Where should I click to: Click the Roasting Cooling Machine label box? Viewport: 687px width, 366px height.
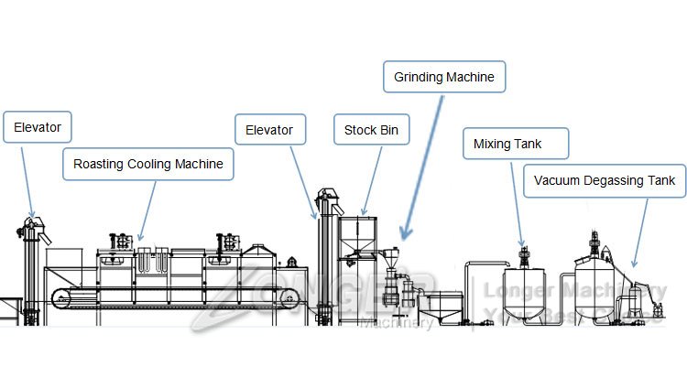click(x=148, y=165)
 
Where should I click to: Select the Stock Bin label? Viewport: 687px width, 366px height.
click(x=371, y=129)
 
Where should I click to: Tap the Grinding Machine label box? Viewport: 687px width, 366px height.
click(x=443, y=77)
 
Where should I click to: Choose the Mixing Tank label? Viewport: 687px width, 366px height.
click(x=516, y=144)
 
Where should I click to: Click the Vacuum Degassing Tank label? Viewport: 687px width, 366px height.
click(x=604, y=180)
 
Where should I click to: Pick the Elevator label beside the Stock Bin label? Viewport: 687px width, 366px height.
click(x=268, y=129)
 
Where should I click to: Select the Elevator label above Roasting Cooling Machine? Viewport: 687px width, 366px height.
click(x=37, y=127)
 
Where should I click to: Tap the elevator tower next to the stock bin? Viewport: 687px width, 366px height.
click(x=322, y=261)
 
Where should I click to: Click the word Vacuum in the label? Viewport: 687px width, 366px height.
click(x=560, y=180)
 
